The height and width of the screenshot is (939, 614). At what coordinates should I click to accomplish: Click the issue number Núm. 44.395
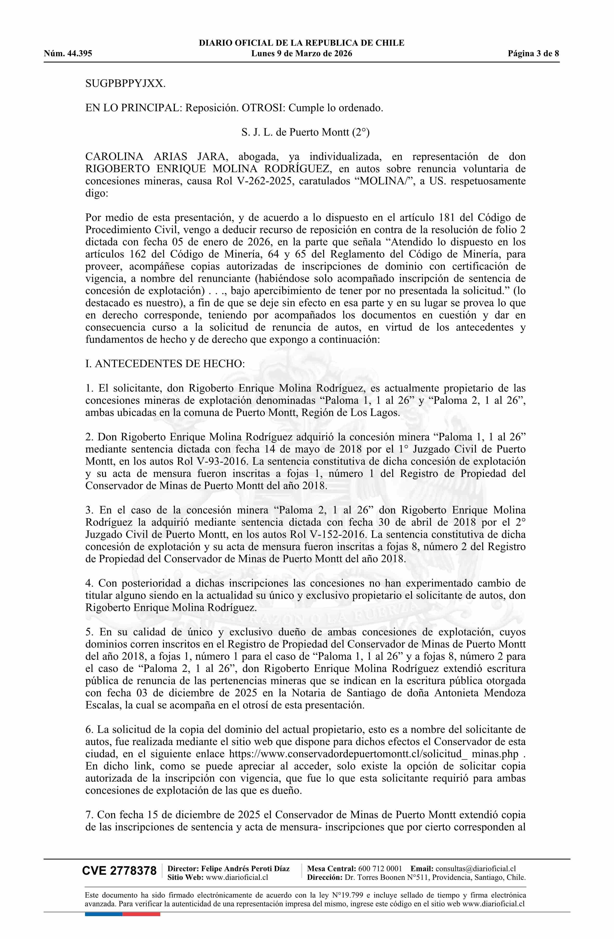pyautogui.click(x=68, y=54)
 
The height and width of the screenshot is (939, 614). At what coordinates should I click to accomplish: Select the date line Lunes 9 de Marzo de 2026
pyautogui.click(x=301, y=54)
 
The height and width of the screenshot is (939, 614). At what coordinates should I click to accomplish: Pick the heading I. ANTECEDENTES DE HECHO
pyautogui.click(x=165, y=363)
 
